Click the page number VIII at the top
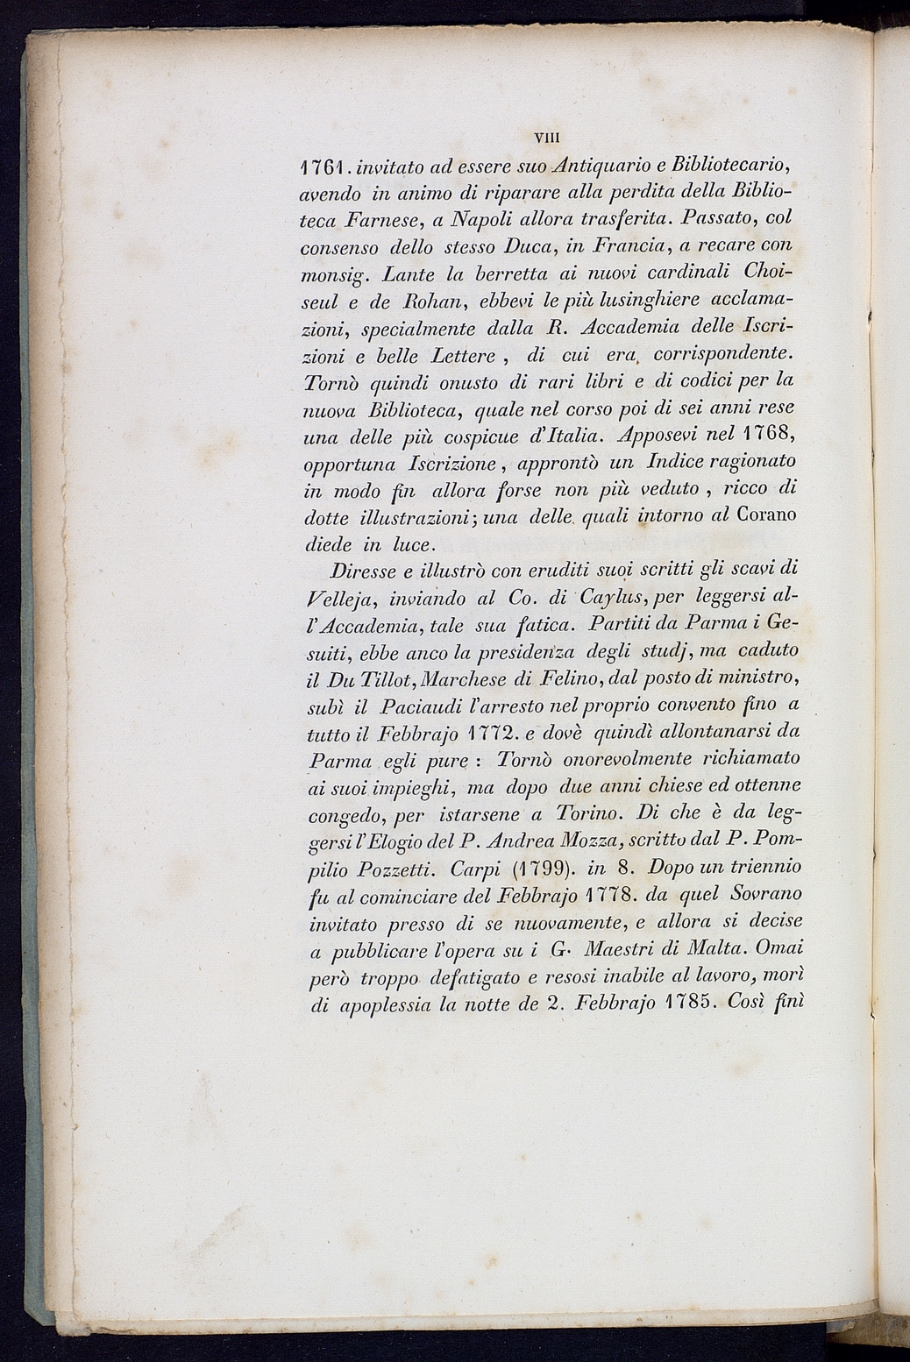551,137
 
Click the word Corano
767,514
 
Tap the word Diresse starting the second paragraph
365,570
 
